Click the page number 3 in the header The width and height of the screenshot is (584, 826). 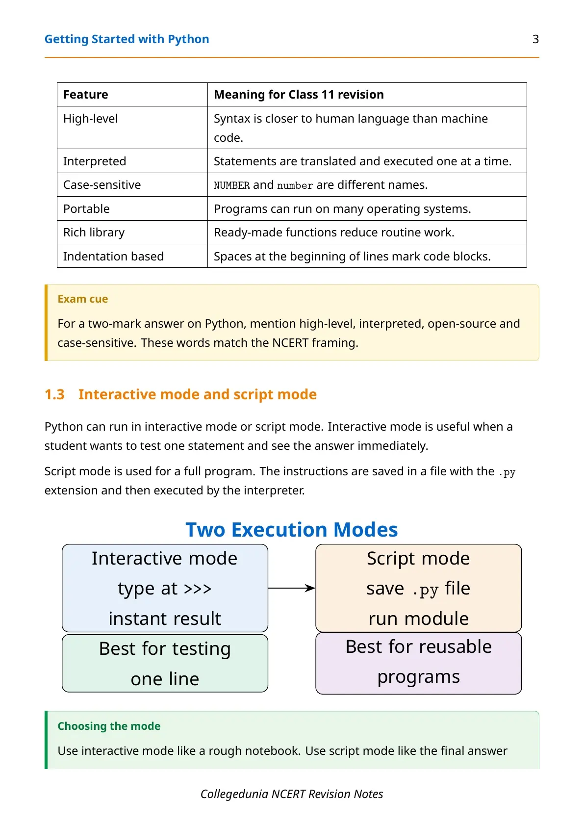pyautogui.click(x=535, y=39)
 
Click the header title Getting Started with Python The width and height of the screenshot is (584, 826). pyautogui.click(x=127, y=39)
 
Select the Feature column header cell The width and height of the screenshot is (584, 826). pyautogui.click(x=132, y=94)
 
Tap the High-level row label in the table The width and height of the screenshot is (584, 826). pyautogui.click(x=90, y=118)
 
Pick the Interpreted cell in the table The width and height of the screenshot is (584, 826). pyautogui.click(x=132, y=161)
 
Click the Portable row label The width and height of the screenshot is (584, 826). pyautogui.click(x=86, y=209)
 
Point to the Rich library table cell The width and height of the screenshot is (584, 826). pyautogui.click(x=132, y=232)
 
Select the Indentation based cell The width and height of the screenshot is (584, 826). pyautogui.click(x=132, y=256)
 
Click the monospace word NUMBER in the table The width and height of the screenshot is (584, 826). pyautogui.click(x=232, y=185)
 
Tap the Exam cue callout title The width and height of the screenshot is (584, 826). pyautogui.click(x=82, y=299)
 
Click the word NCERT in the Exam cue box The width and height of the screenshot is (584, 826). pyautogui.click(x=290, y=342)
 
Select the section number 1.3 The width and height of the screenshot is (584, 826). pyautogui.click(x=54, y=394)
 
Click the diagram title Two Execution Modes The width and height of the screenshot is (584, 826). pyautogui.click(x=292, y=530)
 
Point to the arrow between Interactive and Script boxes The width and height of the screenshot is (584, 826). pyautogui.click(x=292, y=588)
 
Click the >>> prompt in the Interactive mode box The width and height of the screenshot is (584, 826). pyautogui.click(x=198, y=589)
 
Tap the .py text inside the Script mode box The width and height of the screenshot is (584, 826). pyautogui.click(x=426, y=590)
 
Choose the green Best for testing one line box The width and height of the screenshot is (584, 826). pyautogui.click(x=165, y=663)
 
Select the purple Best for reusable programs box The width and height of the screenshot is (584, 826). pyautogui.click(x=418, y=663)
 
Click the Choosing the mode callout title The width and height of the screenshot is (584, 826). pyautogui.click(x=109, y=726)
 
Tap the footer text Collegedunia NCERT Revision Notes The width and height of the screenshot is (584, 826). pyautogui.click(x=292, y=794)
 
